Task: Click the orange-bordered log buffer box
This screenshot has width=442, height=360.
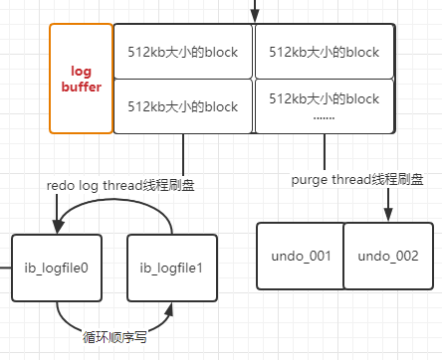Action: point(81,80)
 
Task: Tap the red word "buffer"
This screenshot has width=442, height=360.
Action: point(81,88)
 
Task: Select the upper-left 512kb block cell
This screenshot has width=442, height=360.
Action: point(183,52)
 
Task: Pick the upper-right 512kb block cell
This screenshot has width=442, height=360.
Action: point(325,52)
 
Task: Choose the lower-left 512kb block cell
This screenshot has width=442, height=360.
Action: point(183,106)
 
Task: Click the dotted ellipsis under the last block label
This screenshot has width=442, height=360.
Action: point(325,117)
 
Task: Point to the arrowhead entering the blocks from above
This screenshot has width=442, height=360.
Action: point(254,18)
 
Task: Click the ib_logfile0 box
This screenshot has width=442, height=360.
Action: point(58,268)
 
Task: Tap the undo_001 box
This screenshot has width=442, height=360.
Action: point(300,257)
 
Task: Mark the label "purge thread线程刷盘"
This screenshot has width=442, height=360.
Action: point(356,180)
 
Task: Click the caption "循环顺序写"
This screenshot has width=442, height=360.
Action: point(114,337)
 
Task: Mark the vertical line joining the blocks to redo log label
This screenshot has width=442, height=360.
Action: point(184,157)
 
